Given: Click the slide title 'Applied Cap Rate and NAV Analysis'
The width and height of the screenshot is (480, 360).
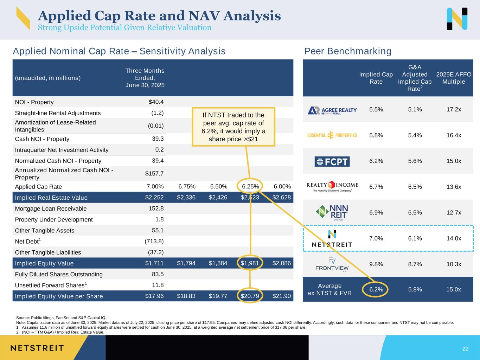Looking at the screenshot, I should point(159,15).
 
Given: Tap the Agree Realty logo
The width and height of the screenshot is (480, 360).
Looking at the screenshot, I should point(332,110).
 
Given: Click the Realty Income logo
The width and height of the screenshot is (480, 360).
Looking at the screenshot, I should point(332,186).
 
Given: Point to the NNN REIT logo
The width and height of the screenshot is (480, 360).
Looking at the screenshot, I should point(332,212).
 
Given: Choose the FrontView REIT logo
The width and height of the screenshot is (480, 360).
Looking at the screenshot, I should point(332,264).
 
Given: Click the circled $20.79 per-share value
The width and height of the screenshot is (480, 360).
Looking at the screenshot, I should point(250,296).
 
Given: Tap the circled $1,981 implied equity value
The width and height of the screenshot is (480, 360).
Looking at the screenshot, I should point(250,263).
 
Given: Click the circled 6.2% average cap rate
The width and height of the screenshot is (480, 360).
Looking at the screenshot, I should point(376,290).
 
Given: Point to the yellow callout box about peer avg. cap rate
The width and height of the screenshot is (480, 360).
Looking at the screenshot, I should point(233,127).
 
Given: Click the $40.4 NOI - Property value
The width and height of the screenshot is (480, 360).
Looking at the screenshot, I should point(156,102).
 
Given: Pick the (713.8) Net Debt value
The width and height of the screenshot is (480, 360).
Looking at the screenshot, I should point(154,241).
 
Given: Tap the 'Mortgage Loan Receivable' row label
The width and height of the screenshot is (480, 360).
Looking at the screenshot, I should point(51,208).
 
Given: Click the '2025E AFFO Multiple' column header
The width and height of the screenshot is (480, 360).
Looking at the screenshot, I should point(454,78).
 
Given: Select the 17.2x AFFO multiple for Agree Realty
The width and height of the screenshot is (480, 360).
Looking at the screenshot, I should point(454,110).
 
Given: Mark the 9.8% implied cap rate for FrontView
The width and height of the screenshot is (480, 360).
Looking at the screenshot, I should point(376,264).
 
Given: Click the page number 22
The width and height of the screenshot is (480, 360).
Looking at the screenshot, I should point(465,349).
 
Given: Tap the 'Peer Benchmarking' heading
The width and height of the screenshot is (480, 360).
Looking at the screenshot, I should point(347,51).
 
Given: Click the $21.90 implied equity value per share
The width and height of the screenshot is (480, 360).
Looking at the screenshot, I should point(282,296).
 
